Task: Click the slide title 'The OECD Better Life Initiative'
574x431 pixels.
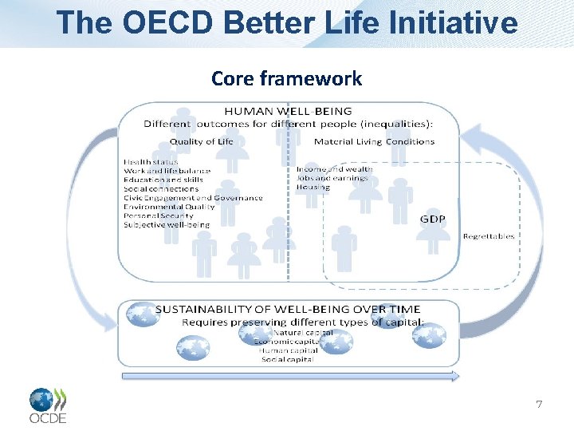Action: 287,22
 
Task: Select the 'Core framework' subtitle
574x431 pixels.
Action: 286,78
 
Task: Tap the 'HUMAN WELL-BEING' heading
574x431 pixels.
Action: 288,111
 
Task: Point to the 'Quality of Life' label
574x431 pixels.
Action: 202,141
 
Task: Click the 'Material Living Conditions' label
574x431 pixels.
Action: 374,141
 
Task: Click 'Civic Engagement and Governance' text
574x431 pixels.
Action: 193,198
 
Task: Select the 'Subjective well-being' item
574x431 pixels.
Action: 167,225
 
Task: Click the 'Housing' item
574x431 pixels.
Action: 313,187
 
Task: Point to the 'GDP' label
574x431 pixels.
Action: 433,219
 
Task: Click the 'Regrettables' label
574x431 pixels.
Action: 489,236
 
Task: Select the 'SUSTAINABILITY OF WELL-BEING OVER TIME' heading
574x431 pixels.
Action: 288,310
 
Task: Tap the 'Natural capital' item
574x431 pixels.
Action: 303,332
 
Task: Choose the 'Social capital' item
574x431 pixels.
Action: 288,359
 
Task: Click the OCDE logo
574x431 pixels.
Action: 48,405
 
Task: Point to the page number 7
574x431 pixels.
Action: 539,405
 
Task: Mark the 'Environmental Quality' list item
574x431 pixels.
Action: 169,207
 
